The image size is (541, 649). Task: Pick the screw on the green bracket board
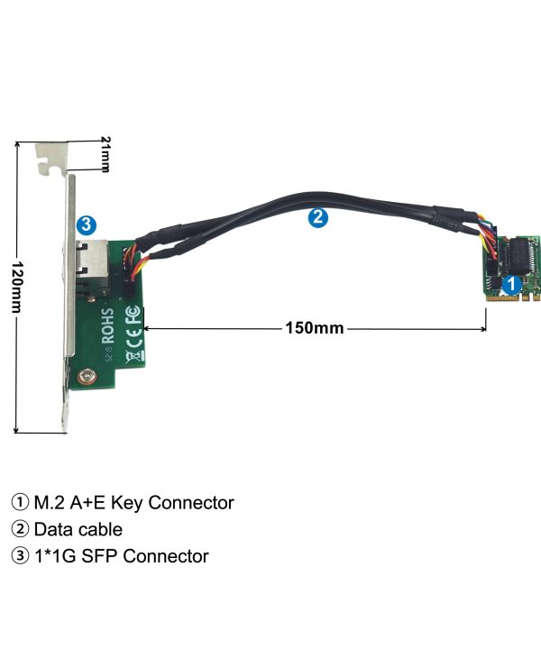(85, 380)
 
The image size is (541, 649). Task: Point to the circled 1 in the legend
(19, 503)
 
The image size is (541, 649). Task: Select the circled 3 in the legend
(19, 556)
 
